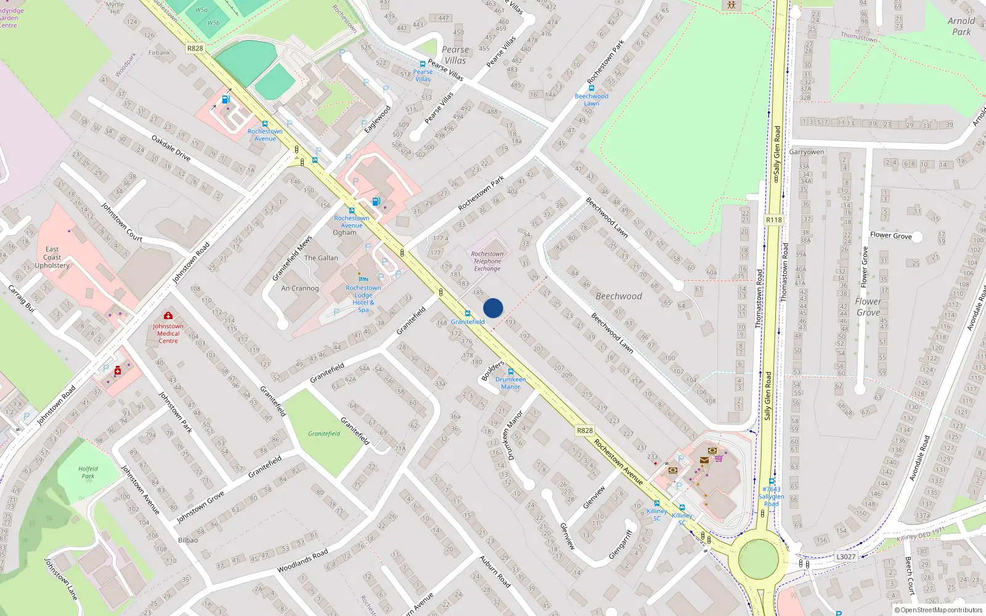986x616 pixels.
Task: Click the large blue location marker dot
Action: pos(493,308)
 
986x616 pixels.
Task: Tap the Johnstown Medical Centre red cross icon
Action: pos(168,316)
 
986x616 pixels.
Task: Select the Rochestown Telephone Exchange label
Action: pos(487,261)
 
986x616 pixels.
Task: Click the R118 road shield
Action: pos(773,220)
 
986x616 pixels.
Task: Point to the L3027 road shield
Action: pos(845,557)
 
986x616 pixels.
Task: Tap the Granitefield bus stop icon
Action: pos(468,314)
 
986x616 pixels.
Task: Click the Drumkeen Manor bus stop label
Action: pos(510,383)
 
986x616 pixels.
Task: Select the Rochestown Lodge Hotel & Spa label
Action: pos(363,298)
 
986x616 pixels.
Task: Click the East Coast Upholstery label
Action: pos(52,257)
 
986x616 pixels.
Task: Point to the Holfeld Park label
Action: pos(88,472)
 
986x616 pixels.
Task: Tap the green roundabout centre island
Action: pos(758,559)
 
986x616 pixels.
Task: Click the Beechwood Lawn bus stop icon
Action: pos(592,88)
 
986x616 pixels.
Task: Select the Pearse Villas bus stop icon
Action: pos(423,64)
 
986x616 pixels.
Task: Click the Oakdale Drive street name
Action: pos(171,148)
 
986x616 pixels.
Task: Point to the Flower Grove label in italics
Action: pos(868,307)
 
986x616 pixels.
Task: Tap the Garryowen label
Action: pos(807,152)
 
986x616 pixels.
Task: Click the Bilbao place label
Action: pos(188,540)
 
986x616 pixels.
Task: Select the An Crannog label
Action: pos(300,288)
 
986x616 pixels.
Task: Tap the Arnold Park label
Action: pos(961,26)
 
